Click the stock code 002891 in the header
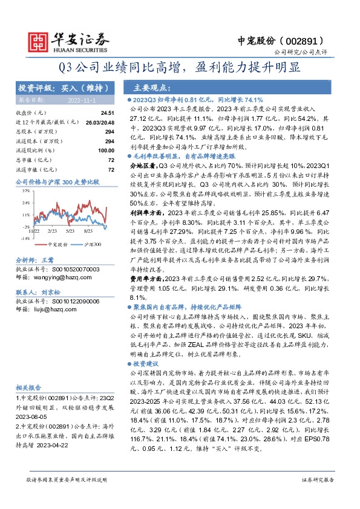(x=308, y=41)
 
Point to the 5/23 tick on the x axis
(x=70, y=232)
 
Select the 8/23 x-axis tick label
(x=89, y=232)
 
